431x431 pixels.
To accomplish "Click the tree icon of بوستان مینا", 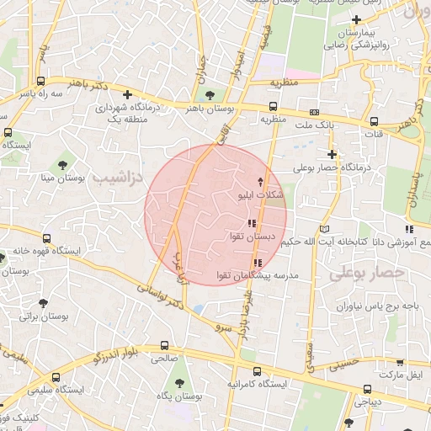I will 62,162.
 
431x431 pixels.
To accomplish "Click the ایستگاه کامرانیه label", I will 257,384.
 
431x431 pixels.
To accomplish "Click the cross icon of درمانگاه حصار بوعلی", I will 333,154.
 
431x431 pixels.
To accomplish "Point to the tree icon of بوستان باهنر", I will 210,94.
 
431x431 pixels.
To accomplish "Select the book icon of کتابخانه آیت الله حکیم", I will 326,229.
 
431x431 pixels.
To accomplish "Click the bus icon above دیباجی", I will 368,389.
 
